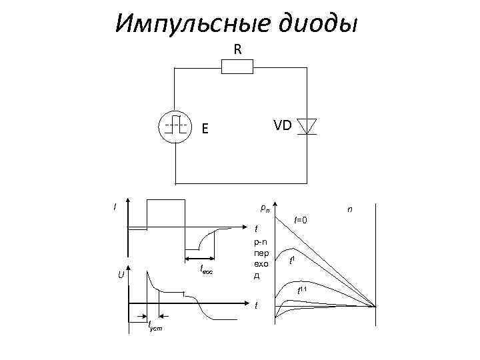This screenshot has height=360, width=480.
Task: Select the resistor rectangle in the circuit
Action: point(237,67)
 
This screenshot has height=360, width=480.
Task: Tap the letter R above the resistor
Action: point(238,49)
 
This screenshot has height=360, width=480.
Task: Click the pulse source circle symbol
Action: point(175,125)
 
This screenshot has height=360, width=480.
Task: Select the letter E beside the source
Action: point(207,129)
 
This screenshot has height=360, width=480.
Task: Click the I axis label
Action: point(115,207)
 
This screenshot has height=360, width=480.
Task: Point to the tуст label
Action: point(156,327)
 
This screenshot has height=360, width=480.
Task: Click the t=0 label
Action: point(301,219)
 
